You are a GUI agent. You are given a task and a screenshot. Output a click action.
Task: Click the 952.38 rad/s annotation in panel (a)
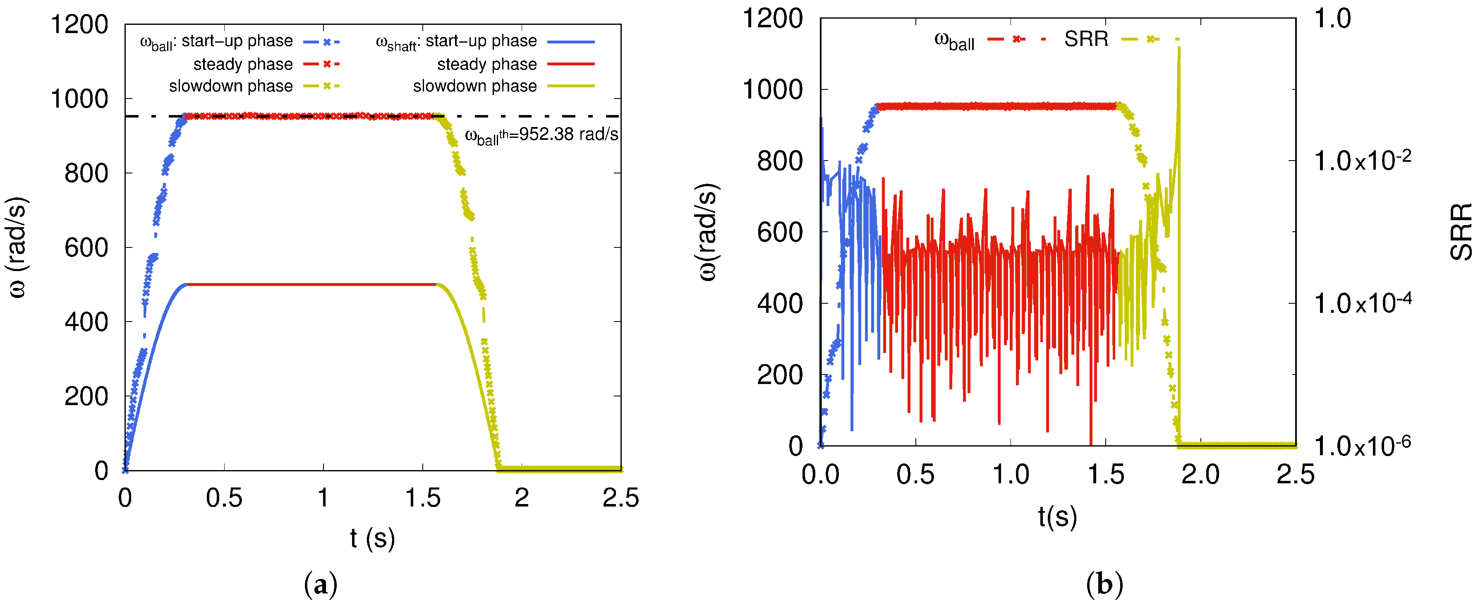(x=541, y=135)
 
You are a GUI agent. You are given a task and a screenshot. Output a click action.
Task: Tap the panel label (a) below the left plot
(x=320, y=584)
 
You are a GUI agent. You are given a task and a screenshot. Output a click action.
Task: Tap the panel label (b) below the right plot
(x=1104, y=584)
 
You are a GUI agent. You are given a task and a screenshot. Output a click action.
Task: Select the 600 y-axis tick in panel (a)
(x=86, y=247)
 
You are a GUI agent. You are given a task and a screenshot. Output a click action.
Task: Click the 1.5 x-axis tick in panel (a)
(x=423, y=498)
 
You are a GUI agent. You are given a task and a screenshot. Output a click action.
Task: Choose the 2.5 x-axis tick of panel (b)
(x=1295, y=475)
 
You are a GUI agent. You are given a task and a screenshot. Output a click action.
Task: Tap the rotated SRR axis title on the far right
(x=1461, y=231)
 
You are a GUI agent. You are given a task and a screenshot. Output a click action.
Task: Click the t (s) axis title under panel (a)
(x=372, y=538)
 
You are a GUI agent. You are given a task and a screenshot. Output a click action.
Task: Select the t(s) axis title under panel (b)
(x=1057, y=516)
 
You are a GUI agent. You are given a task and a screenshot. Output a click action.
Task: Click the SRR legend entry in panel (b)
(x=1086, y=39)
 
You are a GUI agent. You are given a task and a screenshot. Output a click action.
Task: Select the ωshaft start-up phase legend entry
(x=456, y=42)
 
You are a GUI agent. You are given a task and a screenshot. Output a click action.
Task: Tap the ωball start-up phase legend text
(x=216, y=42)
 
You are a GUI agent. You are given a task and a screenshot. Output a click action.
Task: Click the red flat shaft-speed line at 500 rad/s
(x=310, y=284)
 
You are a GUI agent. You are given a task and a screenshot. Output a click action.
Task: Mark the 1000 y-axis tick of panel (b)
(x=772, y=89)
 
